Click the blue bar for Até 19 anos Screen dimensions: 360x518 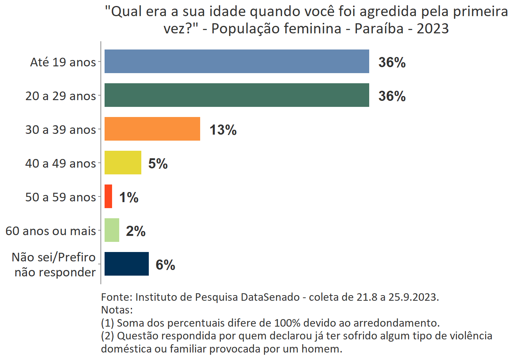237,61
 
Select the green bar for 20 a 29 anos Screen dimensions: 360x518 237,95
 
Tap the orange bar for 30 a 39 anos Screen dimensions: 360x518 152,129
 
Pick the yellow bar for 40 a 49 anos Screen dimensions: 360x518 123,163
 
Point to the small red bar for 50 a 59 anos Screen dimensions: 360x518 108,196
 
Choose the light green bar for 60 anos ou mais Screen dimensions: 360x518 112,230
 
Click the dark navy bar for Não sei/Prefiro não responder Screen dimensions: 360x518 127,264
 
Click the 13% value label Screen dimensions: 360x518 223,130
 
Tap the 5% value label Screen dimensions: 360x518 158,164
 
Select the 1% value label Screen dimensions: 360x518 129,198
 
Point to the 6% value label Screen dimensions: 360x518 165,265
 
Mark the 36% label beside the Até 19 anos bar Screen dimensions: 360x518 392,63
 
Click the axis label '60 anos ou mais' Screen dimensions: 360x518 51,231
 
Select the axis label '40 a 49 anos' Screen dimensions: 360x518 61,163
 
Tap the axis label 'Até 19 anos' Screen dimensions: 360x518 63,62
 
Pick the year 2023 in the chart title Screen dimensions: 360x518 433,29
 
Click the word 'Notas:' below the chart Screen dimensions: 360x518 117,310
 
